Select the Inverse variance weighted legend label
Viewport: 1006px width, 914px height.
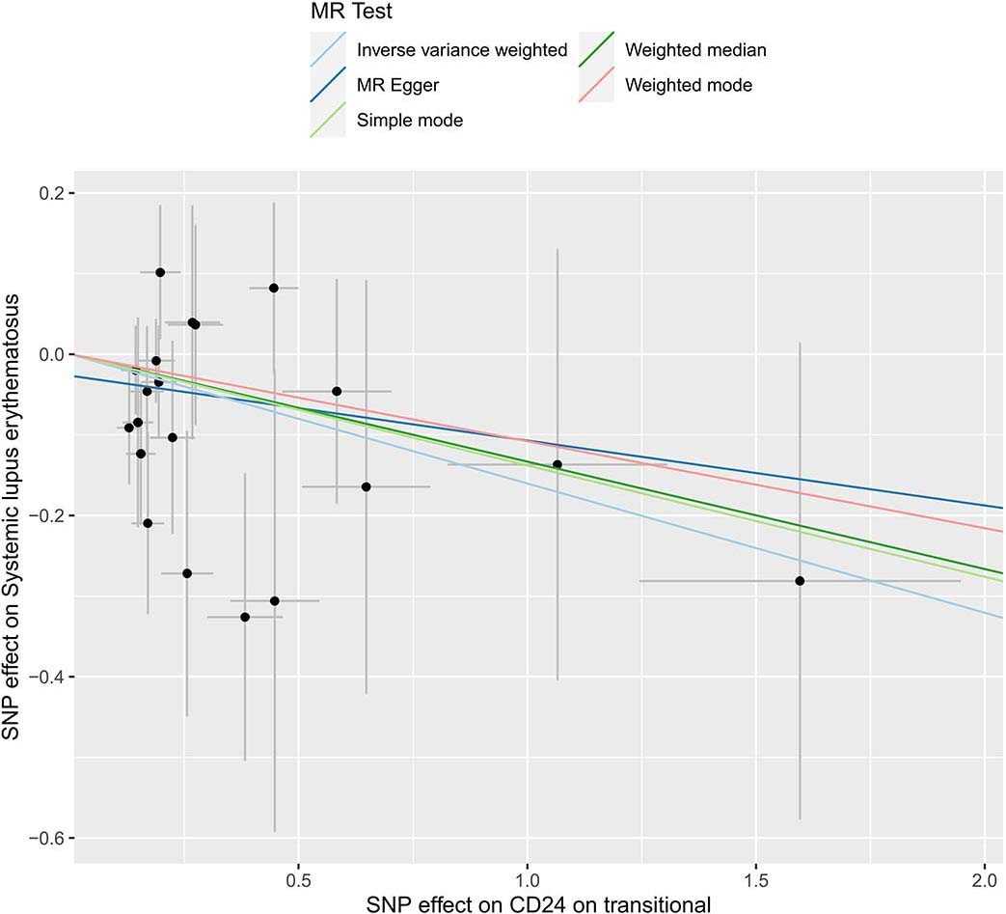(x=462, y=50)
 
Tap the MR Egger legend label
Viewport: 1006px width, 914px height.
(x=397, y=85)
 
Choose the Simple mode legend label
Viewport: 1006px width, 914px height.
(x=410, y=121)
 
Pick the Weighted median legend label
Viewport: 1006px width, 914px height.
(x=695, y=50)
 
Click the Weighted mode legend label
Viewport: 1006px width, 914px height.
(x=689, y=85)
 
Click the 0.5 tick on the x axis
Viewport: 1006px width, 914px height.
(x=298, y=880)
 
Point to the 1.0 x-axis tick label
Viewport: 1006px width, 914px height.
(x=527, y=880)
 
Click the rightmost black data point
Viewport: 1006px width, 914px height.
(x=800, y=581)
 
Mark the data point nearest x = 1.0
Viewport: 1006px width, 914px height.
(x=557, y=464)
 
